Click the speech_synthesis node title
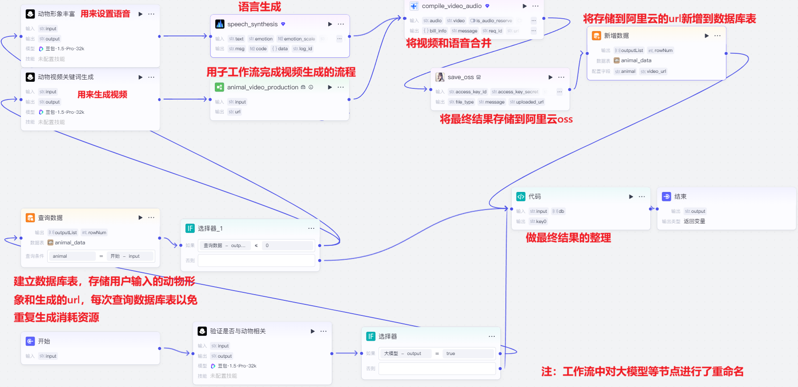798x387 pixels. (252, 24)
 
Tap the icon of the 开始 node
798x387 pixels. (30, 341)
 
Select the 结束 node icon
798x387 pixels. (666, 196)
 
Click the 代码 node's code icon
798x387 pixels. (521, 196)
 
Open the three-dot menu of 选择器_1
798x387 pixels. (311, 228)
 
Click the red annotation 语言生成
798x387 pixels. (260, 7)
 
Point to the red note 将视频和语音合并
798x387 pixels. (448, 43)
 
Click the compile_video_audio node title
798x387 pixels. (451, 6)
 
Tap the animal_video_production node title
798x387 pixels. (262, 88)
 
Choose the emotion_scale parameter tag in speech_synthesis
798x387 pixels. (296, 39)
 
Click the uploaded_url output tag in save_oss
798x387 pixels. (527, 102)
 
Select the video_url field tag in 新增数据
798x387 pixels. (653, 72)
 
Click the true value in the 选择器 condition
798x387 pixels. (451, 354)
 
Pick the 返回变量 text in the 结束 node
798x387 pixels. (694, 221)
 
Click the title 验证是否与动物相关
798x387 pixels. (238, 331)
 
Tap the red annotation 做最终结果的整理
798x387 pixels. (568, 238)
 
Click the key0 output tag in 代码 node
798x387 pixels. (538, 222)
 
